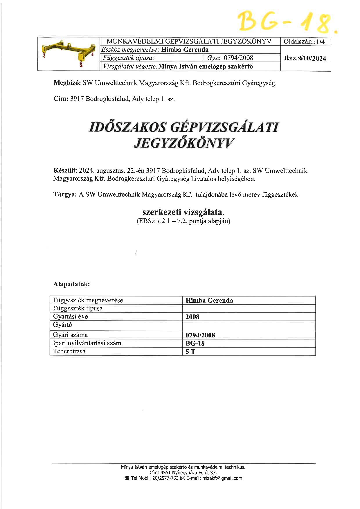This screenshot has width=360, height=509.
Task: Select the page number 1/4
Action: click(321, 42)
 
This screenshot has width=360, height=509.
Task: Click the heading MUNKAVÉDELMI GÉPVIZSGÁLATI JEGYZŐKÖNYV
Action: click(189, 41)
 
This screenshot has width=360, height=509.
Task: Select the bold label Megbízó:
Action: click(67, 83)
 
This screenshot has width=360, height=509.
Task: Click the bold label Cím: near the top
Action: click(61, 99)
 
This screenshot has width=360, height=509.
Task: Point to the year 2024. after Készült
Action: click(87, 171)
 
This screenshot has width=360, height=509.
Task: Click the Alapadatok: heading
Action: click(71, 284)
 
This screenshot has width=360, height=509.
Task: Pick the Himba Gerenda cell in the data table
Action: click(209, 301)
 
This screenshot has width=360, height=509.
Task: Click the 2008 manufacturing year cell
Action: click(192, 317)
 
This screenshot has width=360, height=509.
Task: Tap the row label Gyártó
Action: click(62, 325)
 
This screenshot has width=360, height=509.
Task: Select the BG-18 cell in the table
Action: click(195, 343)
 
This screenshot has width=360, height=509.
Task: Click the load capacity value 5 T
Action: click(190, 352)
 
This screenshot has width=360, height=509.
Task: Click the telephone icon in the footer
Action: click(127, 478)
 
